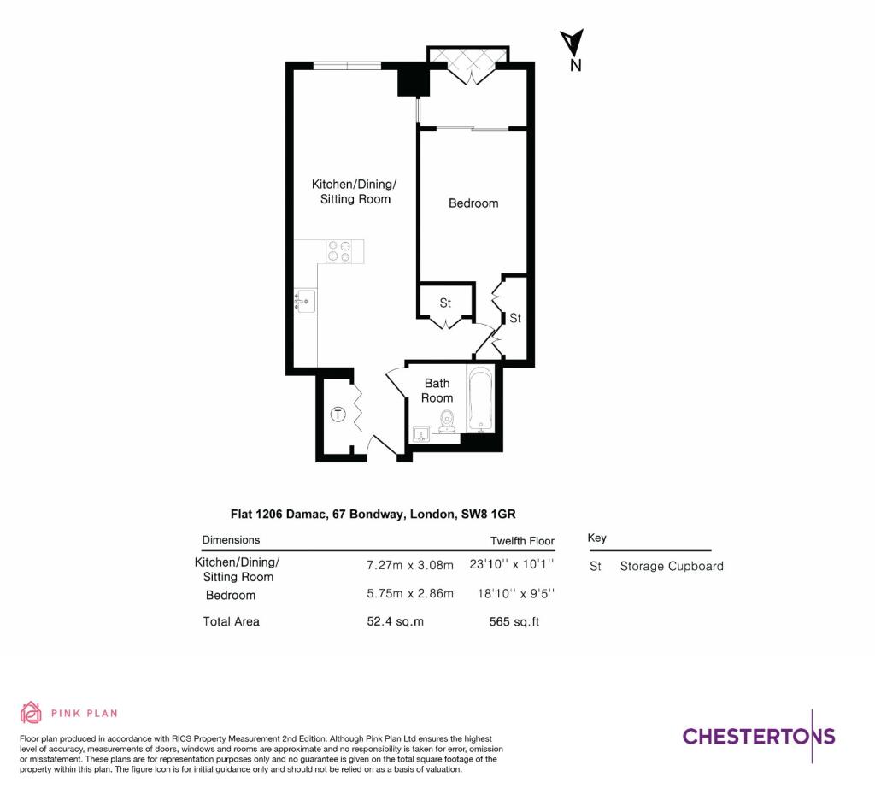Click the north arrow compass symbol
point(572,44)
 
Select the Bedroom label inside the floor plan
point(473,203)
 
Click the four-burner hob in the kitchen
point(339,251)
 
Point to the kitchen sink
point(305,301)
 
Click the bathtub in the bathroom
point(480,399)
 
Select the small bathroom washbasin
point(420,435)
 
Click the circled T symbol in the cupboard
point(338,415)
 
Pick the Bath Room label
point(437,391)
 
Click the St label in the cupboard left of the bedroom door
point(445,303)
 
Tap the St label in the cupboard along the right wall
point(515,318)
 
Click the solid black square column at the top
point(413,80)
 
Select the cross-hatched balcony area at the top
point(467,57)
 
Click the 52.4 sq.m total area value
point(395,621)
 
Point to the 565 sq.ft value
point(510,621)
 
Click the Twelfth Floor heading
point(522,541)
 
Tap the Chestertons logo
point(758,736)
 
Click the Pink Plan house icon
point(31,712)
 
